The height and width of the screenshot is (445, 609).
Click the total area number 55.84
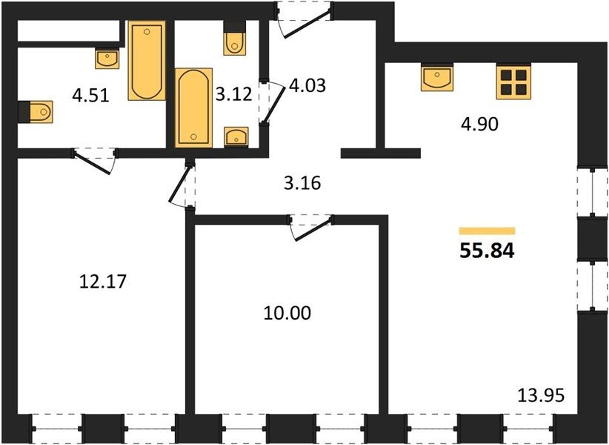[x=487, y=251]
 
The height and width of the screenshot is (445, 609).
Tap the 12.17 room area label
[x=103, y=281]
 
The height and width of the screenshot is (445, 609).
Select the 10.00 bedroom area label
[x=287, y=313]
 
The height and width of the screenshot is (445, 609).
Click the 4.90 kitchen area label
[x=479, y=125]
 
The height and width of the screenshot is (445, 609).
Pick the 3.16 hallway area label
[x=302, y=183]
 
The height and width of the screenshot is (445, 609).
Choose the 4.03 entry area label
[x=307, y=85]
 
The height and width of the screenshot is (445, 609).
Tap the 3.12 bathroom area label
[x=234, y=94]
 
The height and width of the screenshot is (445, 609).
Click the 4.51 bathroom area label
[x=90, y=95]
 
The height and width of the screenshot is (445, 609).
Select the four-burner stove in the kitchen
[x=513, y=82]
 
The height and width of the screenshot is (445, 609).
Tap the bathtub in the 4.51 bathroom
[x=147, y=61]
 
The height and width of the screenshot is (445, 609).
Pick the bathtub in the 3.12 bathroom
[x=194, y=108]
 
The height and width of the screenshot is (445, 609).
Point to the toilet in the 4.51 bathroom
[x=36, y=112]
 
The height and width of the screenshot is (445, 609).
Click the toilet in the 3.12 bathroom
[x=235, y=38]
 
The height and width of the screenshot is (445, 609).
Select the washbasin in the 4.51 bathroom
[x=107, y=59]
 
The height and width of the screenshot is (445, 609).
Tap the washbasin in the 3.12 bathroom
[x=236, y=136]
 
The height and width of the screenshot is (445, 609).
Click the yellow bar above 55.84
[x=487, y=231]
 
